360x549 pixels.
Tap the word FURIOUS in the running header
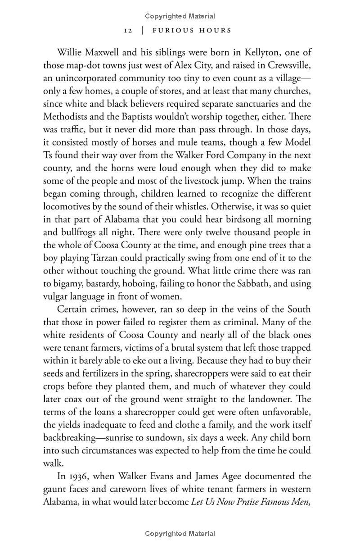[173, 31]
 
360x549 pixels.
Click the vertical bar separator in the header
[142, 31]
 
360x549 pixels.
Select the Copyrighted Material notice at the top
[180, 16]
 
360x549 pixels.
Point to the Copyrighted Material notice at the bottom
[180, 534]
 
